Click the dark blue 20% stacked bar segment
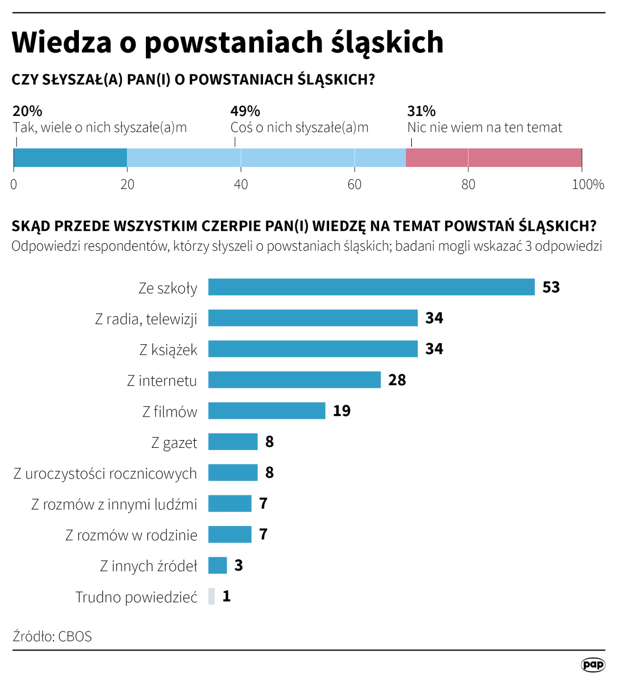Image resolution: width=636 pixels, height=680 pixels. pyautogui.click(x=70, y=158)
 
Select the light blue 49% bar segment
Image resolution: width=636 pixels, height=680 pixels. pyautogui.click(x=266, y=158)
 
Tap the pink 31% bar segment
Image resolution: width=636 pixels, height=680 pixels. pyautogui.click(x=493, y=158)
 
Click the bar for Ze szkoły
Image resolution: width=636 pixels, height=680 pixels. pyautogui.click(x=371, y=287)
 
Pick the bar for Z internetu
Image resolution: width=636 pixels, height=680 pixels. pyautogui.click(x=294, y=380)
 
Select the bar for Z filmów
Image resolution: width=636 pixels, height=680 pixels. pyautogui.click(x=267, y=411)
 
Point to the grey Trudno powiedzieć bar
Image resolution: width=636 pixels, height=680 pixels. pyautogui.click(x=211, y=596)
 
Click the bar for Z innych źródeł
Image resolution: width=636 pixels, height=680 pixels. pyautogui.click(x=217, y=565)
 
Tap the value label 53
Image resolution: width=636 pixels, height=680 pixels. pyautogui.click(x=551, y=287)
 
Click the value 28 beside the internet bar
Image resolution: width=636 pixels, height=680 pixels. pyautogui.click(x=397, y=380)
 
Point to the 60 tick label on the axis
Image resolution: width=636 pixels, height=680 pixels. pyautogui.click(x=354, y=184)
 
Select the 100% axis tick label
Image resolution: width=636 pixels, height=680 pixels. pyautogui.click(x=588, y=184)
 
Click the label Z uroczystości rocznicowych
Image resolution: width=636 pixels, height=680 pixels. pyautogui.click(x=105, y=473)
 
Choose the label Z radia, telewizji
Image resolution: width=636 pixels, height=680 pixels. pyautogui.click(x=146, y=319)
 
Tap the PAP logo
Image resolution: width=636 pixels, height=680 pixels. pyautogui.click(x=592, y=664)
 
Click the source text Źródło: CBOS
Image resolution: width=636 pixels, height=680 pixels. pyautogui.click(x=52, y=636)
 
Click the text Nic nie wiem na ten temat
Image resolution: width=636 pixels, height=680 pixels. pyautogui.click(x=484, y=127)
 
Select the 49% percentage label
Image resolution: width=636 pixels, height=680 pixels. pyautogui.click(x=245, y=111)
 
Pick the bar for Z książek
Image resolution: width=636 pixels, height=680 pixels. pyautogui.click(x=313, y=349)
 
